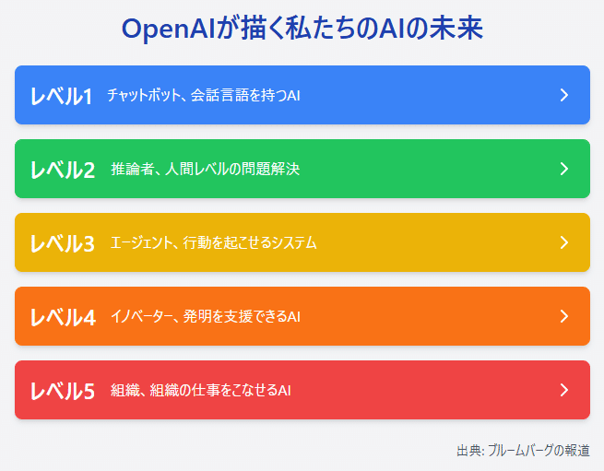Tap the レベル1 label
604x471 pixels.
61,96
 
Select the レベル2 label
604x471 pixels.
62,170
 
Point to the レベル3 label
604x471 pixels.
62,243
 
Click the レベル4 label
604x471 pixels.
62,317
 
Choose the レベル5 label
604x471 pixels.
62,391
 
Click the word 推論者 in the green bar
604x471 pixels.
132,169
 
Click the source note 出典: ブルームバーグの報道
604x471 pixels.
523,450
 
